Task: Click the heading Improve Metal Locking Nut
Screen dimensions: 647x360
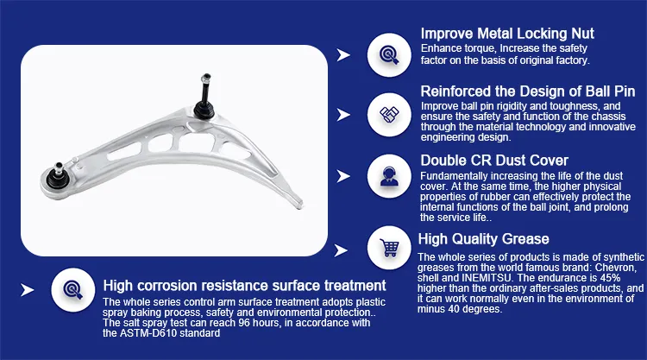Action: (x=507, y=34)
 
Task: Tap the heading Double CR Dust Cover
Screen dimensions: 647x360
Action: (x=494, y=161)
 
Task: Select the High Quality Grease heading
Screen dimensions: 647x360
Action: (x=483, y=239)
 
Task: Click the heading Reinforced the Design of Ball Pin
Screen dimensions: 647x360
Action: (x=528, y=92)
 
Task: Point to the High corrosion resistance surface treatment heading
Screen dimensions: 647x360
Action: (x=244, y=286)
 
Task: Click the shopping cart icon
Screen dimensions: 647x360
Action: (x=390, y=248)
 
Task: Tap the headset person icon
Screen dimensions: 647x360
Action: (x=390, y=176)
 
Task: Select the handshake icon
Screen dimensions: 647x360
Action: (x=389, y=115)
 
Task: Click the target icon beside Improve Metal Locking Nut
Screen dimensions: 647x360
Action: (x=389, y=55)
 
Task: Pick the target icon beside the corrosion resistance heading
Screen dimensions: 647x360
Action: (x=73, y=290)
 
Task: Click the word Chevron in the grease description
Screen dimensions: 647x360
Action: (x=615, y=268)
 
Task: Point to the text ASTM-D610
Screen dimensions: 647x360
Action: (x=143, y=333)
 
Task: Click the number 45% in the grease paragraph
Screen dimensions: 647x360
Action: (x=609, y=278)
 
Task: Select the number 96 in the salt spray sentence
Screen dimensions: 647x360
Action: (x=244, y=323)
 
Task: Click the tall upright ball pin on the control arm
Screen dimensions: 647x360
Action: (x=205, y=97)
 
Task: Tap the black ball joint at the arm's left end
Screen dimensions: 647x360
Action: (x=57, y=177)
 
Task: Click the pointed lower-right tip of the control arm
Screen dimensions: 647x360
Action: (x=301, y=205)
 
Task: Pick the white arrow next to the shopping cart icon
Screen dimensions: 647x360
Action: (x=341, y=250)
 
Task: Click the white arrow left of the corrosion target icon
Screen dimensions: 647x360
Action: (x=28, y=290)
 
